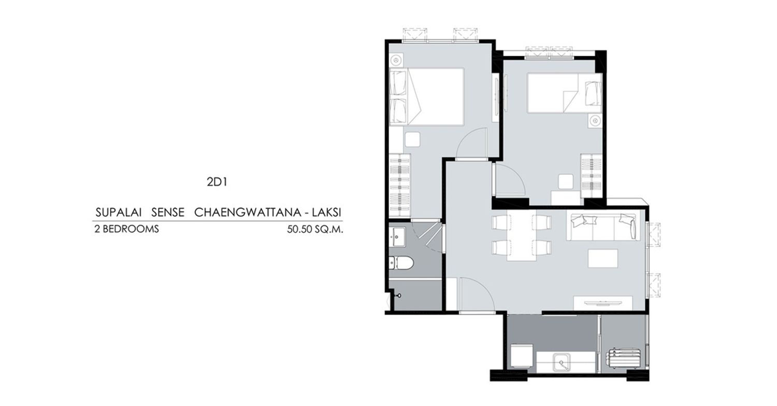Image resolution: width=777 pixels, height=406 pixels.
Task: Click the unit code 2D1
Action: [x=217, y=182]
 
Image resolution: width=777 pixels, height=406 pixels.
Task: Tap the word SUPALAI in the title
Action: [x=119, y=212]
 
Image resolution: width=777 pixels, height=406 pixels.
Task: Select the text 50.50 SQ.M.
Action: [x=315, y=229]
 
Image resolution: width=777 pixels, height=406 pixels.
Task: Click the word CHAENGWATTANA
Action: [x=247, y=212]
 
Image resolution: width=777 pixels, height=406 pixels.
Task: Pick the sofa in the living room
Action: [x=603, y=227]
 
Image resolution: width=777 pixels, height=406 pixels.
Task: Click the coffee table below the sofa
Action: [x=603, y=258]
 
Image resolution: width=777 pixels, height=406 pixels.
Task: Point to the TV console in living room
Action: [x=602, y=303]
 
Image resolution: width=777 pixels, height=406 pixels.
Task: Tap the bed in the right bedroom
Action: [x=565, y=93]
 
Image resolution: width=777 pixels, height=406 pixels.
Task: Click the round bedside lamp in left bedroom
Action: [x=396, y=60]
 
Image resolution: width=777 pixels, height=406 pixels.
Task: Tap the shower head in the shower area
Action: [x=398, y=295]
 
